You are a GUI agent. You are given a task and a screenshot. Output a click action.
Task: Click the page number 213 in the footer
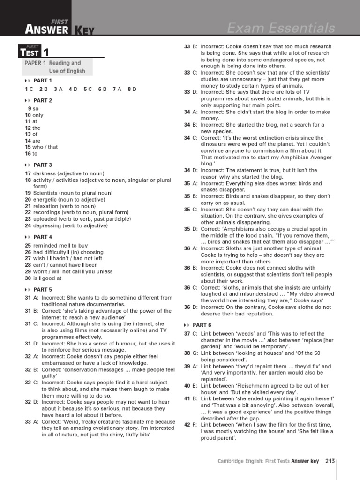pyautogui.click(x=330, y=461)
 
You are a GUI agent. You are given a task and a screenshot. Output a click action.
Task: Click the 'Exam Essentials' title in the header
pyautogui.click(x=281, y=29)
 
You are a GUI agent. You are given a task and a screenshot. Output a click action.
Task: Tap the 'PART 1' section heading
pyautogui.click(x=43, y=81)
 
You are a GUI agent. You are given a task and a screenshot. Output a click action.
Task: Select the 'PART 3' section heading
pyautogui.click(x=43, y=165)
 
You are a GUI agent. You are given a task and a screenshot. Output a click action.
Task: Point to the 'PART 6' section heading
pyautogui.click(x=202, y=325)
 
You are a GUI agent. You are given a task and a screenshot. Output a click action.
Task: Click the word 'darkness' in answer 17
pyautogui.click(x=45, y=173)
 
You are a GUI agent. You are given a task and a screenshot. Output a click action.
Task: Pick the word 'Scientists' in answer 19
pyautogui.click(x=46, y=193)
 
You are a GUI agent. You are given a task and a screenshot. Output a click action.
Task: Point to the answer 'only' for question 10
pyautogui.click(x=38, y=115)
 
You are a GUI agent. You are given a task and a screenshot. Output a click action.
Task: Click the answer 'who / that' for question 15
pyautogui.click(x=45, y=147)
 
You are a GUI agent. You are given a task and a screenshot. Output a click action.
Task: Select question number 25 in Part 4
pyautogui.click(x=28, y=245)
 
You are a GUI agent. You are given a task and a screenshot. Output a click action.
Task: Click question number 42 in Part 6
pyautogui.click(x=187, y=425)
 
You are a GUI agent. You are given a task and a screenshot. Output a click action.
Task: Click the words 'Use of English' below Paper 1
pyautogui.click(x=67, y=71)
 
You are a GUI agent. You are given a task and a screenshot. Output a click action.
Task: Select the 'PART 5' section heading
pyautogui.click(x=43, y=290)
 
